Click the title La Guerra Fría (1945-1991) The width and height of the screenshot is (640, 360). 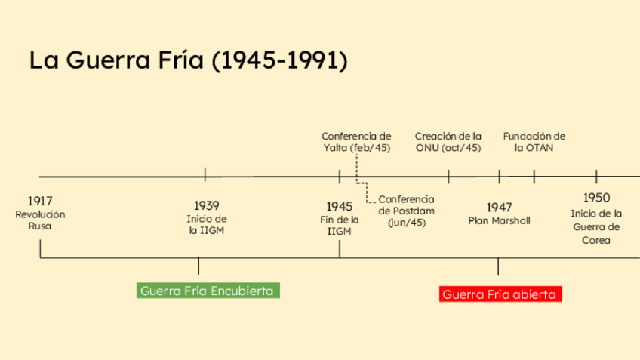pyautogui.click(x=189, y=60)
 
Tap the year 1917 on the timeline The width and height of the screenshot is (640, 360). pyautogui.click(x=40, y=202)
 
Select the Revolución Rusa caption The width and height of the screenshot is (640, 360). pyautogui.click(x=40, y=220)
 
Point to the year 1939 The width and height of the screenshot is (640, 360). pyautogui.click(x=206, y=205)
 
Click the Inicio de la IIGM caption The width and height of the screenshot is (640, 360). pyautogui.click(x=206, y=225)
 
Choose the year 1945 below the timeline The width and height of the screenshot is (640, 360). pyautogui.click(x=340, y=206)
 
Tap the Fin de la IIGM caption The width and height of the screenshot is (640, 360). pyautogui.click(x=340, y=225)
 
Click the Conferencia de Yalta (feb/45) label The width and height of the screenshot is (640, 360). pyautogui.click(x=356, y=142)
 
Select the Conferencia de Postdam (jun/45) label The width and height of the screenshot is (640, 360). pyautogui.click(x=406, y=211)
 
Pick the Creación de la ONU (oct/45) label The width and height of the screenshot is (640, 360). pyautogui.click(x=448, y=142)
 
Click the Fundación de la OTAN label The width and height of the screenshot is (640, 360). pyautogui.click(x=534, y=142)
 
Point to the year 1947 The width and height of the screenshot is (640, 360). pyautogui.click(x=499, y=207)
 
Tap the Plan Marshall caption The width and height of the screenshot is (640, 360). pyautogui.click(x=499, y=221)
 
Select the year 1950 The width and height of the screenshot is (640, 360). pyautogui.click(x=596, y=198)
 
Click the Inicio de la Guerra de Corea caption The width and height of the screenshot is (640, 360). pyautogui.click(x=596, y=226)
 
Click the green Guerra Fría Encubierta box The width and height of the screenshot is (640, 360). pyautogui.click(x=208, y=291)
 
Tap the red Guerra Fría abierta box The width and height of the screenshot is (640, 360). pyautogui.click(x=500, y=294)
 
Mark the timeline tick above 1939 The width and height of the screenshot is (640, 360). pyautogui.click(x=205, y=174)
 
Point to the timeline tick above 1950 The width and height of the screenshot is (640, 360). pyautogui.click(x=596, y=176)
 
